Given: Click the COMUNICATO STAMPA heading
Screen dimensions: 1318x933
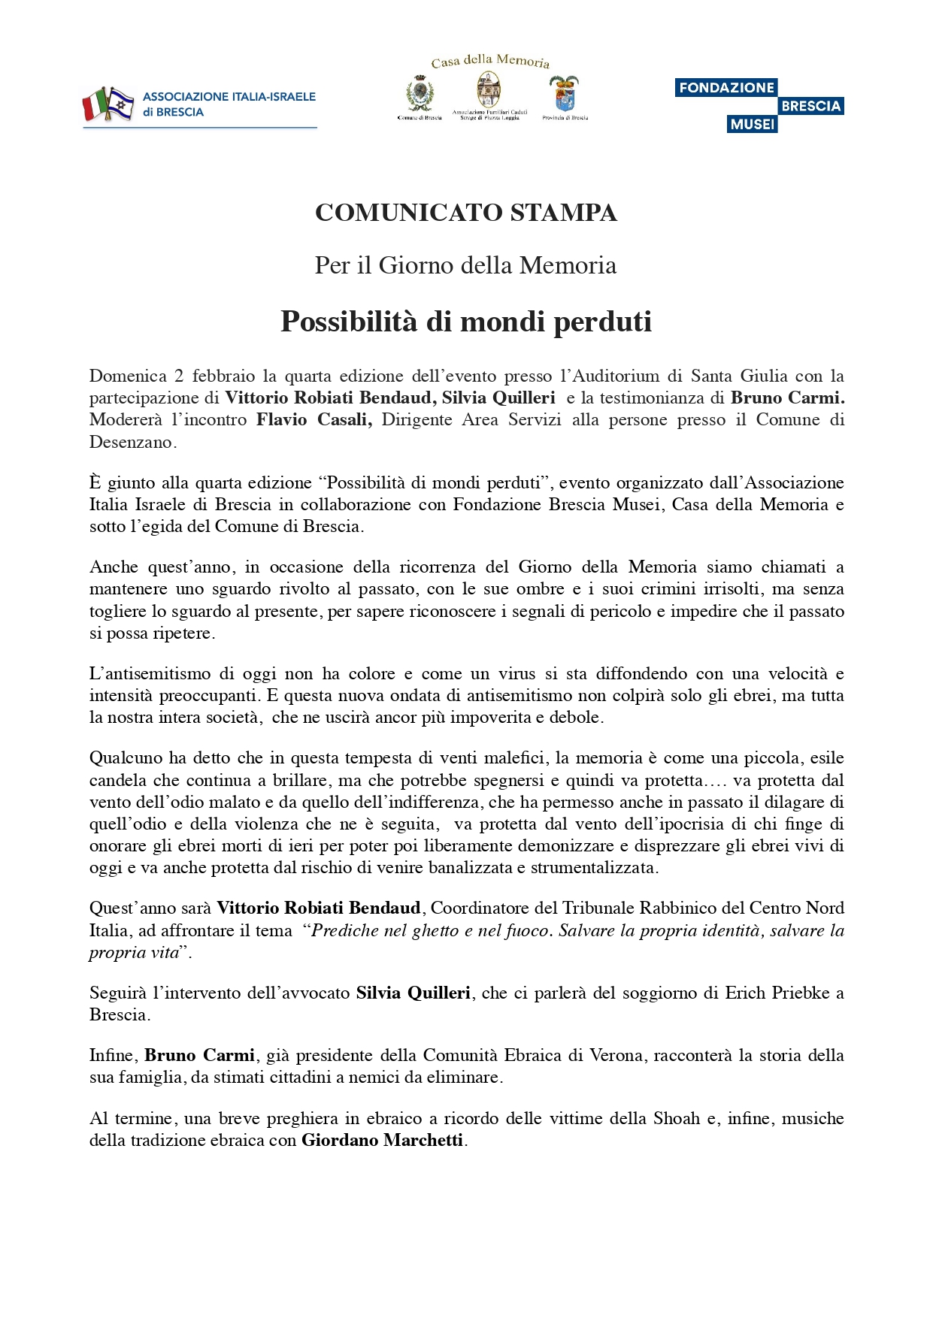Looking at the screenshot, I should click(466, 213).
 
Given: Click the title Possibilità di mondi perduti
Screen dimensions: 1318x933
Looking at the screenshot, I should click(466, 322).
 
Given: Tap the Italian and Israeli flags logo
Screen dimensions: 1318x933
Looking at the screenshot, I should click(108, 104).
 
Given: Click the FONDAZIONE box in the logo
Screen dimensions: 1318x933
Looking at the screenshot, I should click(725, 87).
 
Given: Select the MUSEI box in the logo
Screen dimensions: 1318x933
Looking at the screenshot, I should click(752, 124).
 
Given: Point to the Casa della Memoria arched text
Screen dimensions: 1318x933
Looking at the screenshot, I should click(490, 61).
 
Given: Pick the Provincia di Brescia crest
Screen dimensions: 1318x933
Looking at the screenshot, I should click(565, 94).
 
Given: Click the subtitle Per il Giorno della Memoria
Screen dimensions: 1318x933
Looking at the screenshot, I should click(466, 265).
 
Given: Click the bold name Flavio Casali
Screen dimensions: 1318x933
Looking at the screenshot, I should click(314, 419).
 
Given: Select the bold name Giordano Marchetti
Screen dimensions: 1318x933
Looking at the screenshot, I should click(382, 1140).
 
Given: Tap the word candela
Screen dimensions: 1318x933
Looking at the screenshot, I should click(117, 780).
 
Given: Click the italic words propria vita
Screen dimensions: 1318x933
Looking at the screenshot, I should click(134, 953).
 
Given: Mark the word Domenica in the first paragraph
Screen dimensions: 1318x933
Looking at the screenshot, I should click(128, 376).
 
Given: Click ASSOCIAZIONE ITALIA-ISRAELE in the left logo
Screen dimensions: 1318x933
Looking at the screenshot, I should click(229, 97).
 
